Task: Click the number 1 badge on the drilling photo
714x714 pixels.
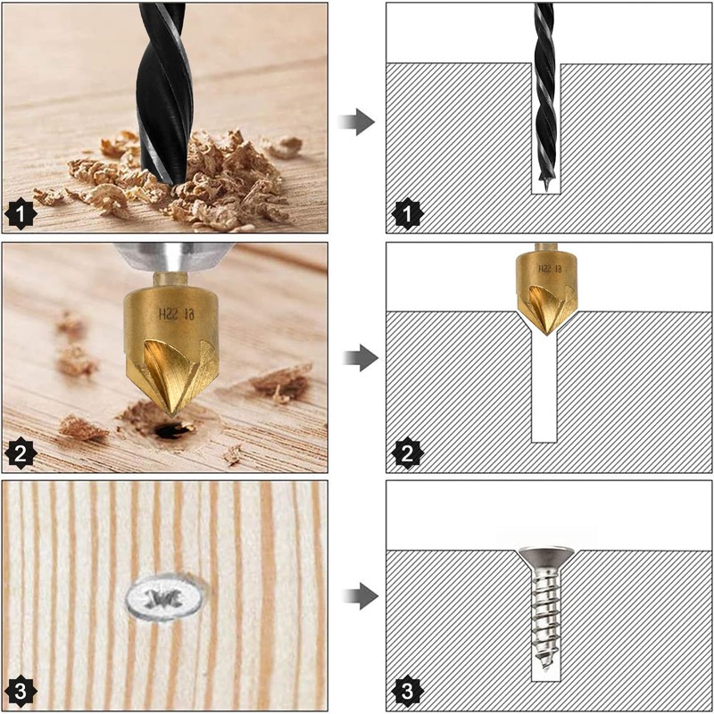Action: [x=22, y=215]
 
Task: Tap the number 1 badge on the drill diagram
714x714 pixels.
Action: [x=407, y=215]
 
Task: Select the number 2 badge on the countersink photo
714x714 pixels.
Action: [x=22, y=453]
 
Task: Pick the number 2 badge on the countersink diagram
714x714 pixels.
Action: [x=407, y=453]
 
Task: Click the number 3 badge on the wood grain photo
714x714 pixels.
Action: [x=22, y=691]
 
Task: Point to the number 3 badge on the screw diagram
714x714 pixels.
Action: [x=407, y=691]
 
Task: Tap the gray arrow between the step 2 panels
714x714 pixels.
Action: [x=360, y=359]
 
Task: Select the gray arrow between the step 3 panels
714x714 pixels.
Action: [x=360, y=595]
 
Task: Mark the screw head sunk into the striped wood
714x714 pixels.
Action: [x=164, y=595]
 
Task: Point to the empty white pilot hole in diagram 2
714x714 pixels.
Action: [x=544, y=393]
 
